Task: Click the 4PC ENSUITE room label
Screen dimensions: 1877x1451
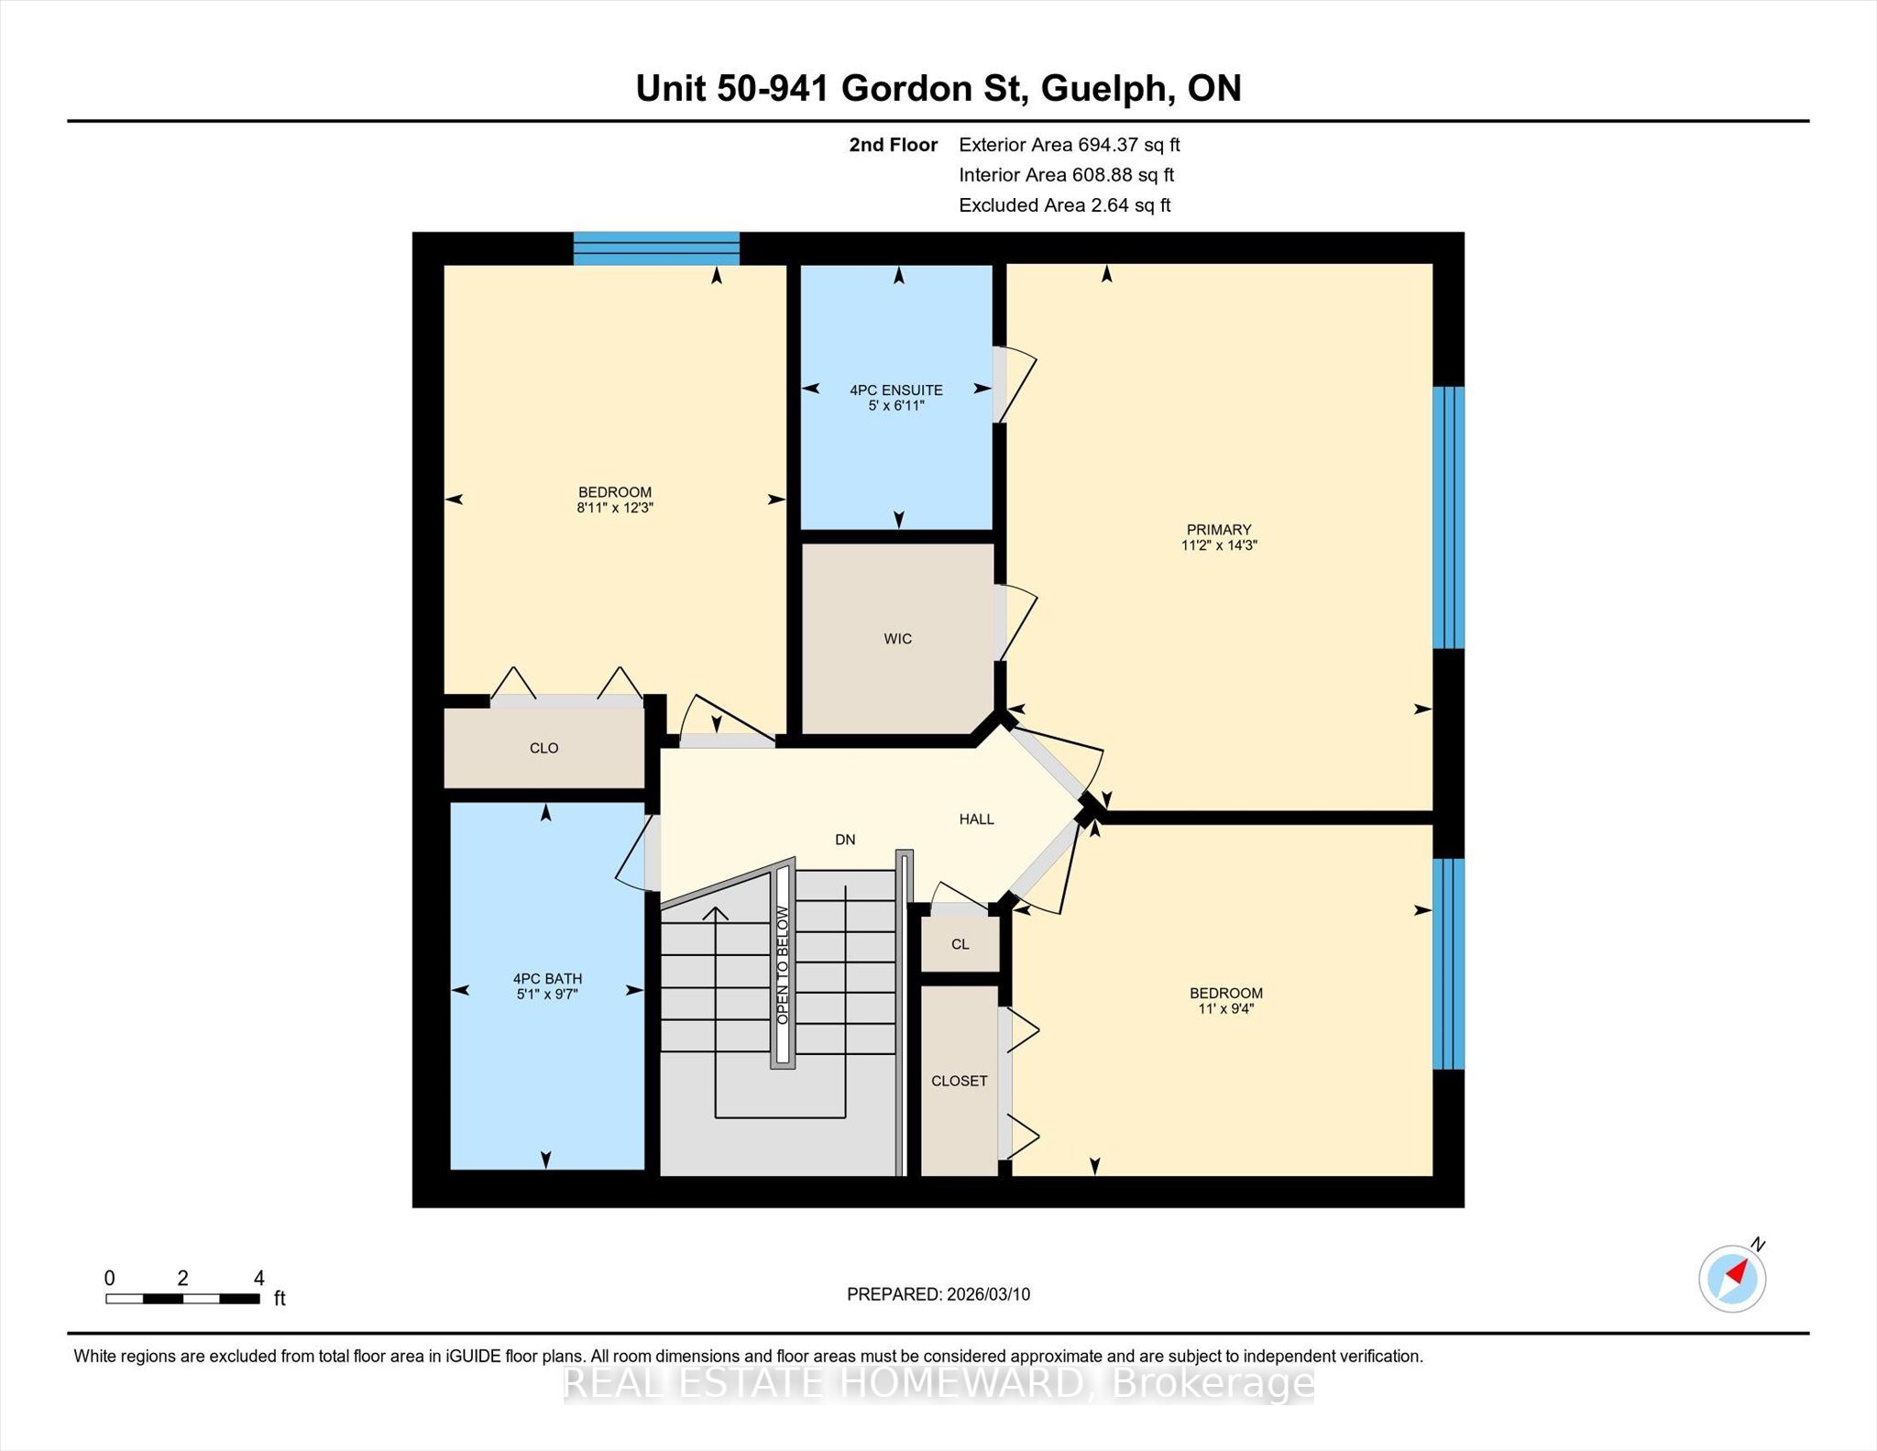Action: tap(896, 390)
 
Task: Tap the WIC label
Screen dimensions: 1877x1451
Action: tap(898, 639)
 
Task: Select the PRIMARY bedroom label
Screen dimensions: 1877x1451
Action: tap(1219, 530)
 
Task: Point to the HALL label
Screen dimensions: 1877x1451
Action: tap(977, 819)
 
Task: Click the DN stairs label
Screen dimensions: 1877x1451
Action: tap(845, 840)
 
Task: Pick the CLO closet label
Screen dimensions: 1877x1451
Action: tap(544, 748)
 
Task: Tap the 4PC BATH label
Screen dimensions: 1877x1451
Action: tap(547, 979)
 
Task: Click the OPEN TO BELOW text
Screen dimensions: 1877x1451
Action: tap(783, 965)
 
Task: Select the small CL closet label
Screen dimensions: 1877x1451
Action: tap(960, 944)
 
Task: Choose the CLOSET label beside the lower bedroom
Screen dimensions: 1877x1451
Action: tap(960, 1081)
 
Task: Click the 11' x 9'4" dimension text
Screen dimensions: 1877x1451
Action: tap(1226, 1009)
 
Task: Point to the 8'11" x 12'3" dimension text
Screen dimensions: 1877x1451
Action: tap(615, 508)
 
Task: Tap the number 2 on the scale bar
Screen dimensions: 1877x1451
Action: tap(183, 1278)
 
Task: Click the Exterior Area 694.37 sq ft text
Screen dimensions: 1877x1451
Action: tap(1070, 145)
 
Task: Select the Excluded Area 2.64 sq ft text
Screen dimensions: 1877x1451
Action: tap(1065, 205)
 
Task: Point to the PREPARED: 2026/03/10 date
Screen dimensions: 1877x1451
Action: tap(938, 1294)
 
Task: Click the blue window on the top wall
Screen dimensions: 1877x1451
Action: tap(656, 248)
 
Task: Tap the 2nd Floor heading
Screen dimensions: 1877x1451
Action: tap(894, 145)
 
